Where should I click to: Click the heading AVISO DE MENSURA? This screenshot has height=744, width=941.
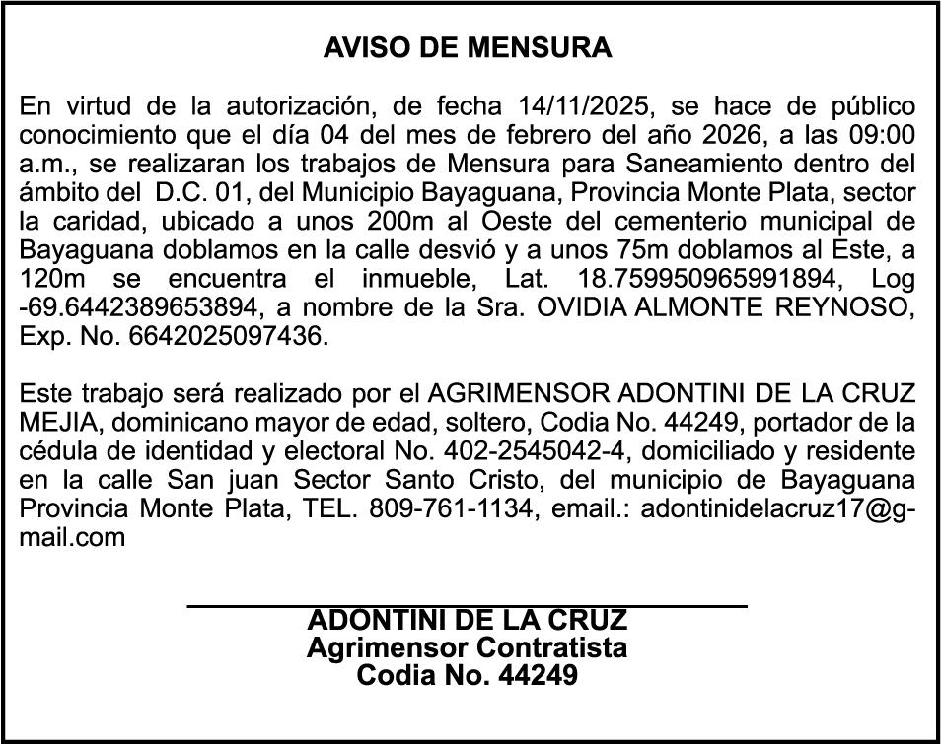(x=468, y=48)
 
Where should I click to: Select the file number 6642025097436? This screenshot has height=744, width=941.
(x=225, y=336)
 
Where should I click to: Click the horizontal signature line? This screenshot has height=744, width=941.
(x=467, y=604)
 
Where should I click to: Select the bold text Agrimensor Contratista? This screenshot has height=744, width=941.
(x=467, y=648)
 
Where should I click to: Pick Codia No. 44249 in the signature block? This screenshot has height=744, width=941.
(x=467, y=677)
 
